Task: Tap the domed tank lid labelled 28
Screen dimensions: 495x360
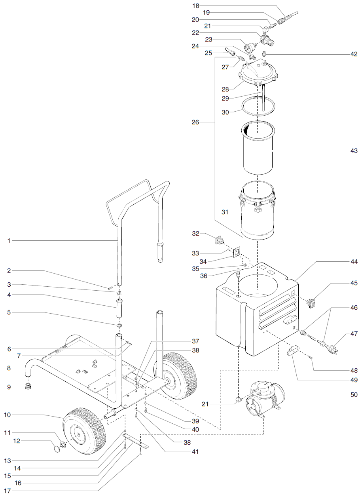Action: pos(258,73)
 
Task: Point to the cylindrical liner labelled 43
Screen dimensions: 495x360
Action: pos(258,148)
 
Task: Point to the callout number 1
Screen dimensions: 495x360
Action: pos(9,240)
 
